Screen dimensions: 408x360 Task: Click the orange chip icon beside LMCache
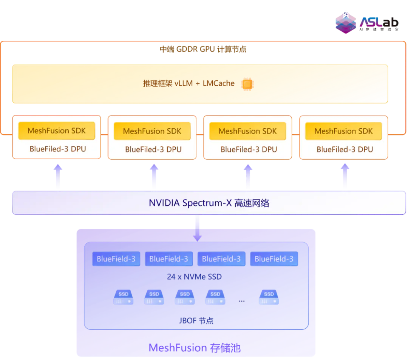[x=247, y=84]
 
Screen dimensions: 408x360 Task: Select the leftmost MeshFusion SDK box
[x=56, y=131]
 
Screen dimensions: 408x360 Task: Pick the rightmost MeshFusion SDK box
[x=343, y=131]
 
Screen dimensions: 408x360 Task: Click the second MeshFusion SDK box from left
[x=152, y=131]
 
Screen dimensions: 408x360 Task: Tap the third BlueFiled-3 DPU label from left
[x=249, y=149]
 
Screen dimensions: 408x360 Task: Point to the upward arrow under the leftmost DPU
[x=58, y=176]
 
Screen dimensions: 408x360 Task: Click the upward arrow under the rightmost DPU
[x=345, y=175]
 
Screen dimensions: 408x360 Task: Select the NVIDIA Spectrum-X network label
[x=209, y=203]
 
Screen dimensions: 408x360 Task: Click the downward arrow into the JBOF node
[x=198, y=228]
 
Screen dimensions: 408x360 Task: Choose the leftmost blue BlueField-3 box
[x=116, y=258]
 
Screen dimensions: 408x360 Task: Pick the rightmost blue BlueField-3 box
[x=274, y=258]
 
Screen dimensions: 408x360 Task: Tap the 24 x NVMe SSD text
[x=195, y=277]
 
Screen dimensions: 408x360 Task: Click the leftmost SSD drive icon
[x=123, y=297]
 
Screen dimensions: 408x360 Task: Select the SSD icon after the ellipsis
[x=269, y=297]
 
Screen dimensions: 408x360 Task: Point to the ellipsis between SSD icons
[x=242, y=301]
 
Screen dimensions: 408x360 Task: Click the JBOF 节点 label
[x=196, y=321]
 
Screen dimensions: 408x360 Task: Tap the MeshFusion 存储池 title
[x=195, y=348]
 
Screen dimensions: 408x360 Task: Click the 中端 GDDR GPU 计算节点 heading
[x=203, y=49]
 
